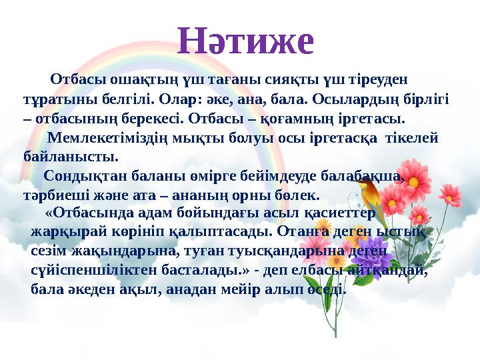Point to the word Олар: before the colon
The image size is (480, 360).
coord(180,100)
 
